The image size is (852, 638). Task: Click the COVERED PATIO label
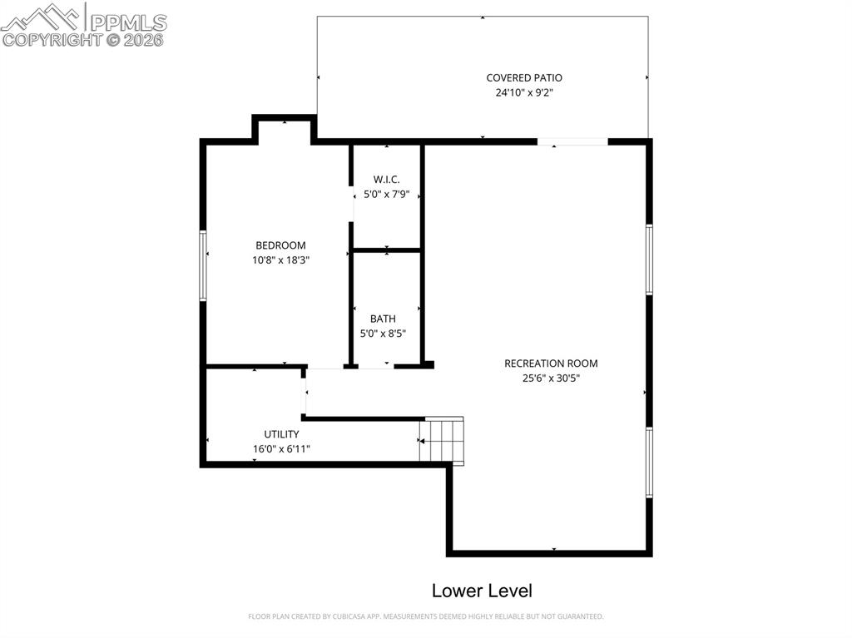click(x=524, y=78)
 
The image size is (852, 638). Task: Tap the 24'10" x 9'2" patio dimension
click(x=524, y=93)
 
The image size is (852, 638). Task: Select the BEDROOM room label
click(x=280, y=245)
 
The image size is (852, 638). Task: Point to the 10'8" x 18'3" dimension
click(x=280, y=260)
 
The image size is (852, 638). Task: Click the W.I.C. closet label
click(x=387, y=180)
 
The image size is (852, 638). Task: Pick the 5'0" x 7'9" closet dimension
click(x=387, y=195)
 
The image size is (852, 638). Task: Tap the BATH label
click(x=383, y=319)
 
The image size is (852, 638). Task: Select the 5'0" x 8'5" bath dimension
click(x=383, y=334)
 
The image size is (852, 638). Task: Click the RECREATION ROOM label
click(x=551, y=364)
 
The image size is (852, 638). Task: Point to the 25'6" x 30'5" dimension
click(x=551, y=378)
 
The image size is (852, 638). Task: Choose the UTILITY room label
click(x=281, y=434)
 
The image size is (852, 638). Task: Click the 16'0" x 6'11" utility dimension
click(x=281, y=449)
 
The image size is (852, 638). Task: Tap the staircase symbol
click(x=442, y=440)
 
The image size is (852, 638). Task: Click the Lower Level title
click(x=482, y=591)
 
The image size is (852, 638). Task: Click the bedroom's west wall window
click(x=202, y=265)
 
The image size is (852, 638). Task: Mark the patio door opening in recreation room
click(x=572, y=142)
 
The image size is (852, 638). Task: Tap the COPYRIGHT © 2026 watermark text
click(x=83, y=39)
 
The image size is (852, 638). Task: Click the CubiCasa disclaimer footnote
click(x=426, y=616)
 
